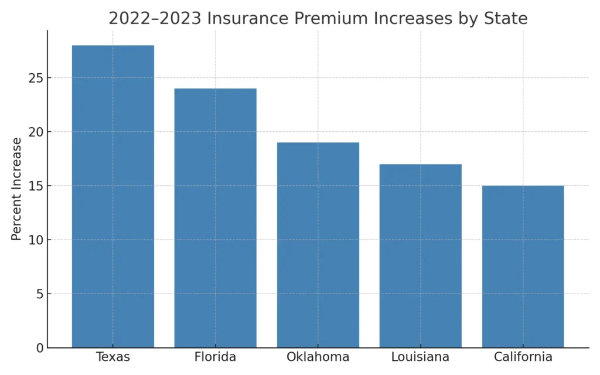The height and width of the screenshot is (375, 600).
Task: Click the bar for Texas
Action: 113,196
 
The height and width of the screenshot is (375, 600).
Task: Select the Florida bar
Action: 216,218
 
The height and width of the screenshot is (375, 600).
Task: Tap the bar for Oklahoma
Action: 318,245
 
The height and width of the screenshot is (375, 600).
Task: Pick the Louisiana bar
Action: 421,255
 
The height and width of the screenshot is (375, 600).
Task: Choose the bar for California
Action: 523,267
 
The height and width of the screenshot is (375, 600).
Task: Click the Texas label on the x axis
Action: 113,357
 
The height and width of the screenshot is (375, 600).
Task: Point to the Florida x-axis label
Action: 216,357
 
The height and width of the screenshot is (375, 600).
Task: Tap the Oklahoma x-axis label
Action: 318,357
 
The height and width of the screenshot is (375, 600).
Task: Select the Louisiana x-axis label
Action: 421,357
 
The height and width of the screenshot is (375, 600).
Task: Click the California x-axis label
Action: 523,357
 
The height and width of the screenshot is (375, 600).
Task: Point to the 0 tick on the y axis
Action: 40,348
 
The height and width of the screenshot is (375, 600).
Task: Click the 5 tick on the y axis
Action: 40,294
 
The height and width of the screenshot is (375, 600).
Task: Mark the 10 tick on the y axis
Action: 36,240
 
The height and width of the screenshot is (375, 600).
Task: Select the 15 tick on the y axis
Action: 36,186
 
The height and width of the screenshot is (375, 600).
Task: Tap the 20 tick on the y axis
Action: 36,132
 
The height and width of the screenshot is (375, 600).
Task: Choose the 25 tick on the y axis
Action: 36,78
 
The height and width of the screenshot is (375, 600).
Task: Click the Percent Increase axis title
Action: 17,189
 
